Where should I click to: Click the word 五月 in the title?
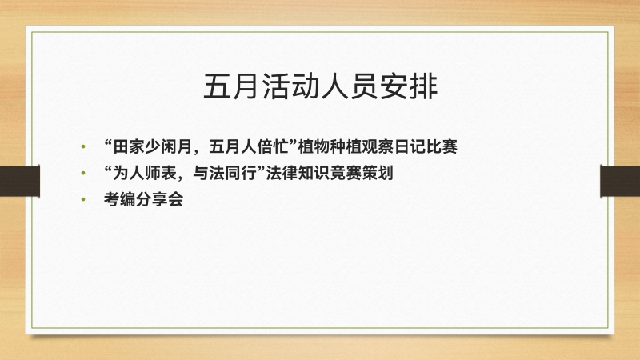coord(232,86)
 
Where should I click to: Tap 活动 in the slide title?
coord(291,86)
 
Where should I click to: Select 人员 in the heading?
coord(350,86)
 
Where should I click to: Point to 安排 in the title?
coord(409,86)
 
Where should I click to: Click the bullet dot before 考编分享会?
coord(83,199)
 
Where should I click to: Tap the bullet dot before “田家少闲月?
coord(83,146)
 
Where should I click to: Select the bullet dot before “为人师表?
coord(83,173)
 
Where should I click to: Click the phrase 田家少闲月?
coord(153,146)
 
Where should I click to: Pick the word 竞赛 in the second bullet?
coord(346,173)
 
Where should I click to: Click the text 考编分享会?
coord(144,199)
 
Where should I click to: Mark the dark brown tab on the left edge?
coord(19,182)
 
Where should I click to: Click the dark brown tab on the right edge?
coord(621,182)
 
